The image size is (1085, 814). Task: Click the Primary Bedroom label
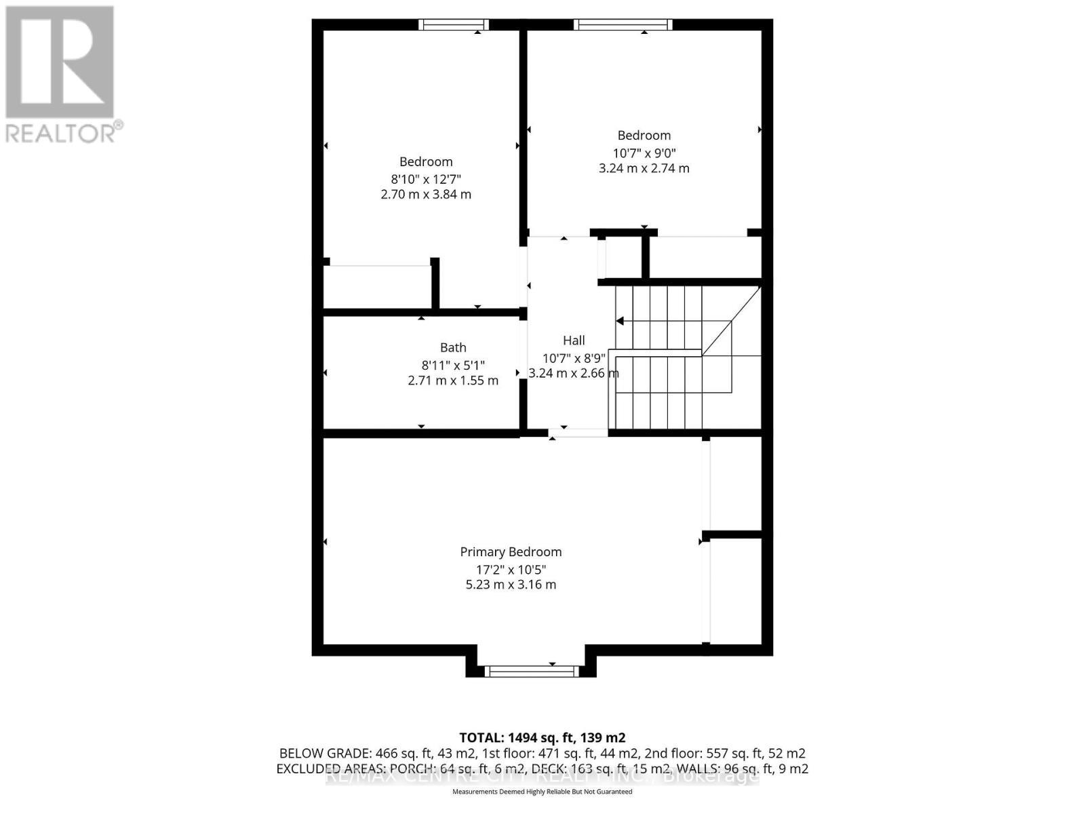coord(511,552)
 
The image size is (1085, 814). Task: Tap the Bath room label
coord(453,348)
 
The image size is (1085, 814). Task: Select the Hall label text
coord(574,341)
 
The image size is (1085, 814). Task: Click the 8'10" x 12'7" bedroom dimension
coord(426,179)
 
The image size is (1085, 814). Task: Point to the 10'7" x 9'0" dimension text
coord(644,153)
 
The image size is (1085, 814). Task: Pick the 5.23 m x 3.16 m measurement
coord(511,585)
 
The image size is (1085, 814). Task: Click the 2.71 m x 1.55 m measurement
coord(453,381)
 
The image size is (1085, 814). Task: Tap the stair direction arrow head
coord(620,322)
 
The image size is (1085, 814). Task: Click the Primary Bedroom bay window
coord(532,672)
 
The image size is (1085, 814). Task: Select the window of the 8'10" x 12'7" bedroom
coord(454,25)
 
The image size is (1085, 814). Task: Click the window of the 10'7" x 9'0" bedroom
coord(623,25)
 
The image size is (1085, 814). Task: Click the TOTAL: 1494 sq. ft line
coord(542,737)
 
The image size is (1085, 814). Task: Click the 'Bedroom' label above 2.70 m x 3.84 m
coord(426,161)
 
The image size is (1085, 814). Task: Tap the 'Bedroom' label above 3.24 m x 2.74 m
coord(644,136)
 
